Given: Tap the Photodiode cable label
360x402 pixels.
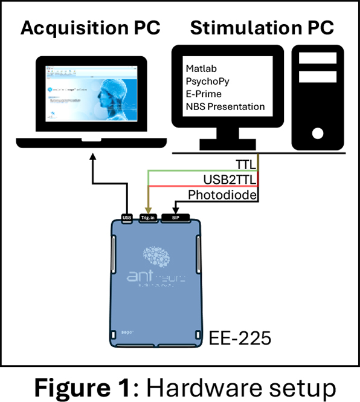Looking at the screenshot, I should (223, 195).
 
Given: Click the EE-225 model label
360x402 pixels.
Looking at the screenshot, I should (239, 337).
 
